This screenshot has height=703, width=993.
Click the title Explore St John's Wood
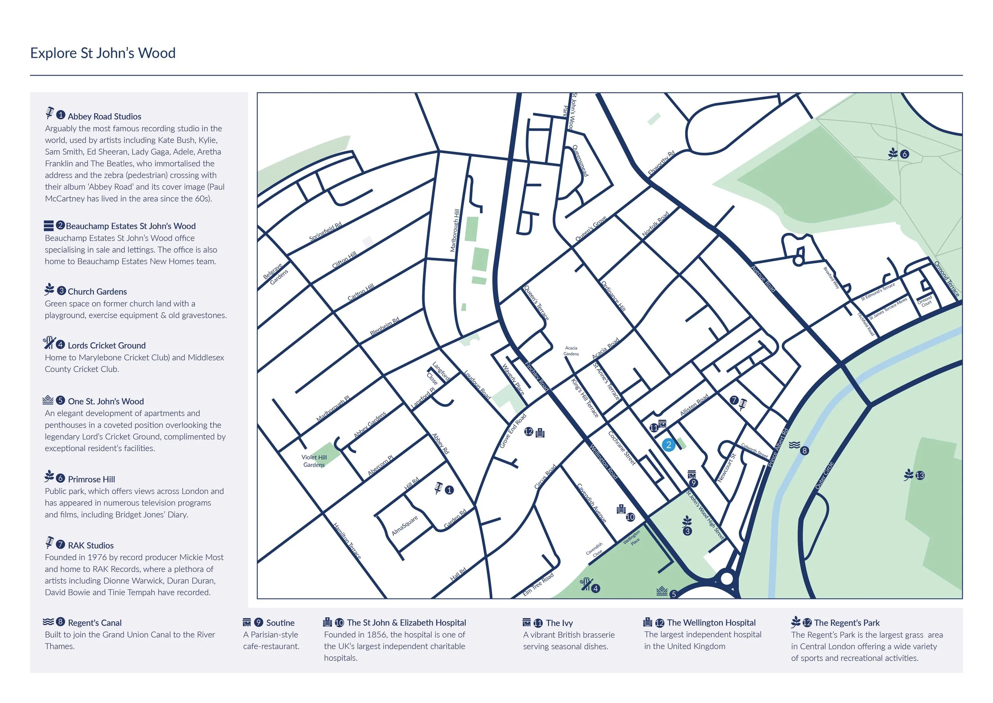[x=103, y=53]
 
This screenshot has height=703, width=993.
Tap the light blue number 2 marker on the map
[x=668, y=445]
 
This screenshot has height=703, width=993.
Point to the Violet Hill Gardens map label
[x=314, y=461]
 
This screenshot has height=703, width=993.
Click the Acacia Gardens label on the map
[x=571, y=351]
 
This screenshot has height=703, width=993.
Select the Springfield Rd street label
[x=325, y=231]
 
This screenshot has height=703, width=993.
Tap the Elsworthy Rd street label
[x=661, y=163]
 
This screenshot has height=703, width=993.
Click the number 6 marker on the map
[x=904, y=154]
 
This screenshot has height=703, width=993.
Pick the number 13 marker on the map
[x=920, y=475]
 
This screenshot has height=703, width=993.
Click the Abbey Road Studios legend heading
[x=104, y=117]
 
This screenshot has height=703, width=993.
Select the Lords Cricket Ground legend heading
[x=106, y=346]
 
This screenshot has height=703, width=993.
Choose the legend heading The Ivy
[x=559, y=623]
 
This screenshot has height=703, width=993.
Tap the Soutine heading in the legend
[x=280, y=623]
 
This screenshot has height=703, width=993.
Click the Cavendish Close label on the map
[x=595, y=550]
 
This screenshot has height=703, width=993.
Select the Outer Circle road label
[x=824, y=476]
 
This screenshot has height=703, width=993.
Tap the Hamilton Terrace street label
[x=347, y=541]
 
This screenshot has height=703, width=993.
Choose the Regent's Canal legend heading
[x=95, y=623]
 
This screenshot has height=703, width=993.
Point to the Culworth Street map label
[x=754, y=451]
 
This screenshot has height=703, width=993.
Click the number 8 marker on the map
[x=804, y=451]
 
